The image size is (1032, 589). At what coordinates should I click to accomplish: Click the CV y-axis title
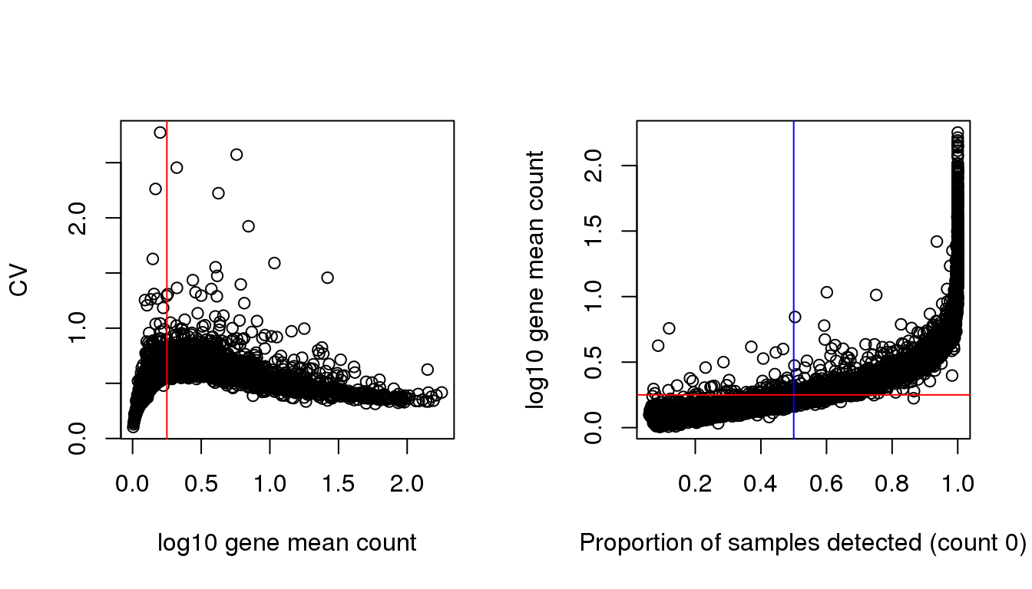tap(18, 280)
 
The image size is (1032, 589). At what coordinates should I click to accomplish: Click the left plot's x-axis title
tap(286, 543)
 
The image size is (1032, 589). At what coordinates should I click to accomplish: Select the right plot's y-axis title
tap(535, 280)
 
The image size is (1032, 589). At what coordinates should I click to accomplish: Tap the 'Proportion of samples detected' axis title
tap(802, 543)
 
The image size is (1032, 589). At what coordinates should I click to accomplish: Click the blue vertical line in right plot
tap(793, 230)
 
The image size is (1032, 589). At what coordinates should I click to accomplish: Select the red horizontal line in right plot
tap(883, 395)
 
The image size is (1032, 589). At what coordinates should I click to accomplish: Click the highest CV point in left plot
tap(160, 133)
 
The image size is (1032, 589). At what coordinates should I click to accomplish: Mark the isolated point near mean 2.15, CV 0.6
tap(428, 369)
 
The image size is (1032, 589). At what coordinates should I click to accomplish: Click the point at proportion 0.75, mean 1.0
tap(876, 294)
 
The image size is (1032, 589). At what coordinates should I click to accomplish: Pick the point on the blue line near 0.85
tap(795, 317)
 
